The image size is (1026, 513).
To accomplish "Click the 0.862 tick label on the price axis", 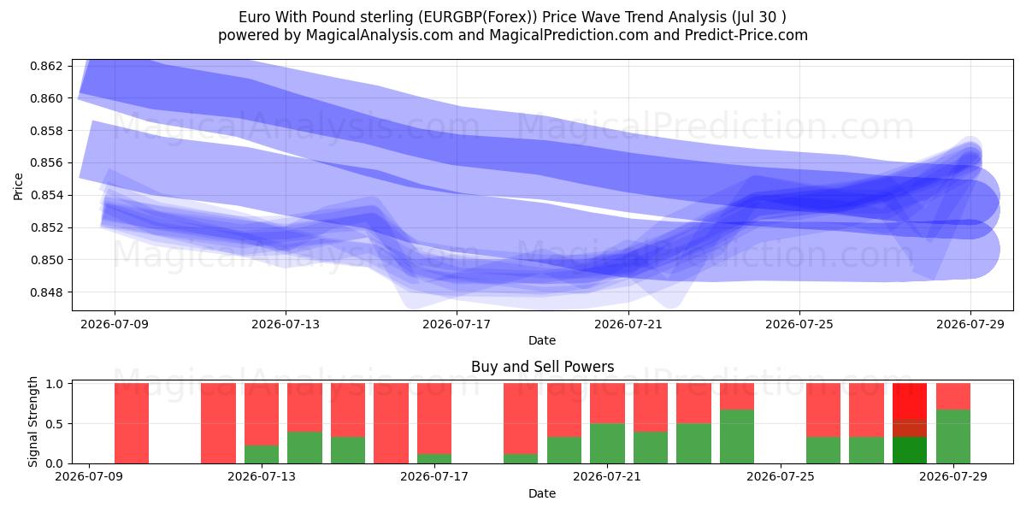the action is [46, 66].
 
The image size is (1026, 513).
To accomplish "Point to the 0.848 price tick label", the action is [46, 292].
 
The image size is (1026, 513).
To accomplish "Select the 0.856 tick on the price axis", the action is [46, 163].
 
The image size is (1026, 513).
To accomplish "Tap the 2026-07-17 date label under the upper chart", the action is [457, 324].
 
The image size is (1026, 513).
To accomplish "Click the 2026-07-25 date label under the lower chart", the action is [781, 476].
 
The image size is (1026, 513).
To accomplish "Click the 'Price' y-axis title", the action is [18, 186].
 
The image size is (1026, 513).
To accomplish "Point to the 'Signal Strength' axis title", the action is [32, 422].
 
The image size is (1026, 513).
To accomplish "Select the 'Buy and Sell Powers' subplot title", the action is [542, 367].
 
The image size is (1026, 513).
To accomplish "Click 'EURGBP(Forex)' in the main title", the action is [478, 17].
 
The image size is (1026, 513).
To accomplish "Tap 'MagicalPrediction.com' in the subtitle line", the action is [569, 35].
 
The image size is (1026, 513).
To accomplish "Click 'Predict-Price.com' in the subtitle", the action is [746, 35].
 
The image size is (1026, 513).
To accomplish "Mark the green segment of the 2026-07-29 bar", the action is [953, 437].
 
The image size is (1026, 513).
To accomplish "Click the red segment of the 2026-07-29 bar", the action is [953, 396].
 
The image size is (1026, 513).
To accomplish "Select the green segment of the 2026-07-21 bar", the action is [607, 444].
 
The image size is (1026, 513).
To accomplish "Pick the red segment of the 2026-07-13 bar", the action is [262, 414].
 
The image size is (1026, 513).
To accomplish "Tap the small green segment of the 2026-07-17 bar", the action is [434, 458].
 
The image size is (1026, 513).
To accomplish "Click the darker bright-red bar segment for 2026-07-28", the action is [910, 401].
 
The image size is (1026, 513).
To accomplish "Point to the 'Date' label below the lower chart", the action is [542, 493].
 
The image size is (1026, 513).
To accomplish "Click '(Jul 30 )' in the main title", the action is [759, 17].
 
